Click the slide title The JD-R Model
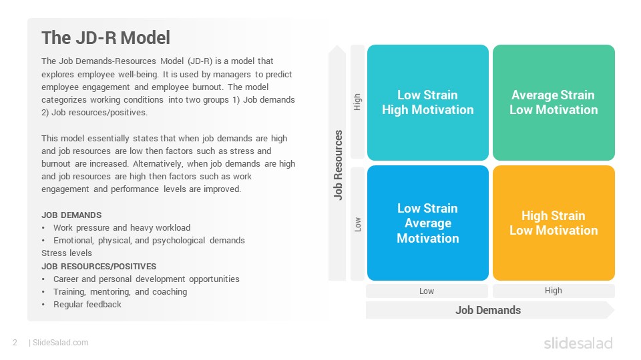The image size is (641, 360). pyautogui.click(x=106, y=37)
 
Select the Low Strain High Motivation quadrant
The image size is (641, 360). pyautogui.click(x=427, y=103)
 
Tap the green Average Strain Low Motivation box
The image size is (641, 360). pyautogui.click(x=554, y=103)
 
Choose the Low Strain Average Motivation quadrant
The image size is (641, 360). pyautogui.click(x=427, y=223)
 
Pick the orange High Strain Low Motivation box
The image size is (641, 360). pyautogui.click(x=554, y=223)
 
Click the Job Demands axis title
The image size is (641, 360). pyautogui.click(x=488, y=310)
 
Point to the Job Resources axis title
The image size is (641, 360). pyautogui.click(x=338, y=165)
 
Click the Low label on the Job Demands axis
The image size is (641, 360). pyautogui.click(x=427, y=291)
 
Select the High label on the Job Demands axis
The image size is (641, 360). pyautogui.click(x=553, y=291)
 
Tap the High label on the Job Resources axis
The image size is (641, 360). pyautogui.click(x=357, y=102)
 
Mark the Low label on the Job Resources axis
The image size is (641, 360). pyautogui.click(x=358, y=225)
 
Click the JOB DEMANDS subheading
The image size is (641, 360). pyautogui.click(x=71, y=215)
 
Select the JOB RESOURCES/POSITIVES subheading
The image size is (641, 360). pyautogui.click(x=99, y=267)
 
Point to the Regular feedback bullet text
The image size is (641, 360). pyautogui.click(x=87, y=305)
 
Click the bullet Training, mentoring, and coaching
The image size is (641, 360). pyautogui.click(x=120, y=292)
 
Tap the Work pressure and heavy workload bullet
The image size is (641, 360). pyautogui.click(x=122, y=228)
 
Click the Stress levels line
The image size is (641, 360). pyautogui.click(x=67, y=253)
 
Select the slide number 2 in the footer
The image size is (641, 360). pyautogui.click(x=15, y=343)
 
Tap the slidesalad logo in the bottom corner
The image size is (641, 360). pyautogui.click(x=578, y=343)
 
